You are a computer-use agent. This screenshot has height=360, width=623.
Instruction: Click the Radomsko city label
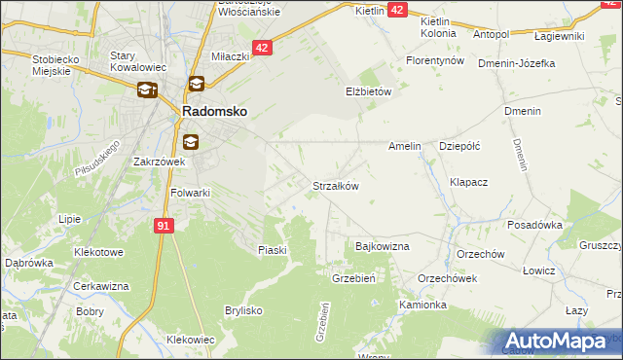[214, 112]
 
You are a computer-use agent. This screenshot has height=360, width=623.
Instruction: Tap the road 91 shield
[164, 225]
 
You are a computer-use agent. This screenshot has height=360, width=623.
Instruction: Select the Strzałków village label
[336, 185]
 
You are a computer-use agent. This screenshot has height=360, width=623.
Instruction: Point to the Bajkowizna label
[383, 247]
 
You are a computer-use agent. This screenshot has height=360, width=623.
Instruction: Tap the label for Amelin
[404, 146]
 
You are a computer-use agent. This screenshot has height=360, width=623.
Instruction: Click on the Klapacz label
[468, 182]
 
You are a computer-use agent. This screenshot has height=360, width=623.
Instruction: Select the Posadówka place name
[535, 225]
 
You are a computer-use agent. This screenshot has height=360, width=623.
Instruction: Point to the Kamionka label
[422, 305]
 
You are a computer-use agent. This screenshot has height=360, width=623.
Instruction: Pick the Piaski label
[273, 250]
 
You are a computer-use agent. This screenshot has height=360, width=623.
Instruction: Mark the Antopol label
[491, 35]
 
